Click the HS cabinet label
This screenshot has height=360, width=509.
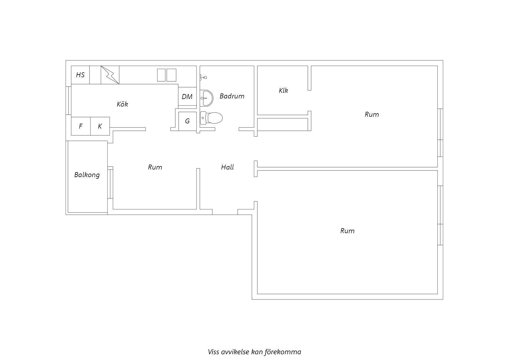(x=80, y=75)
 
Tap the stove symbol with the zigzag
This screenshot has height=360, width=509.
(x=110, y=75)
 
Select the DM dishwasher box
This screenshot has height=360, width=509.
(x=187, y=96)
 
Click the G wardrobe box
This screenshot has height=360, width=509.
(x=187, y=121)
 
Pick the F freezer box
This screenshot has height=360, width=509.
(x=81, y=126)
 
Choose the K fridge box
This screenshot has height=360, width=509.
(x=100, y=126)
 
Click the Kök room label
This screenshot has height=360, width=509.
(x=122, y=104)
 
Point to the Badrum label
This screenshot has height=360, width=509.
(x=232, y=96)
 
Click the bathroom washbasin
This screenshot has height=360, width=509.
(x=206, y=98)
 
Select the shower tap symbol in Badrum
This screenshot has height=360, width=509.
(x=203, y=78)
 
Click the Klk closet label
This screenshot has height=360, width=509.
(x=284, y=90)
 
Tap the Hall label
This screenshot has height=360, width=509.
(x=228, y=167)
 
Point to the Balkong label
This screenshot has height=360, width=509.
(x=87, y=175)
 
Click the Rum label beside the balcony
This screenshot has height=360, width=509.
(x=155, y=167)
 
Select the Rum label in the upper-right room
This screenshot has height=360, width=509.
(x=372, y=114)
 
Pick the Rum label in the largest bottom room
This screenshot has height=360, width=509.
(x=347, y=231)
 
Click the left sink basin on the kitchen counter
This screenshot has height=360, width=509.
(x=162, y=75)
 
